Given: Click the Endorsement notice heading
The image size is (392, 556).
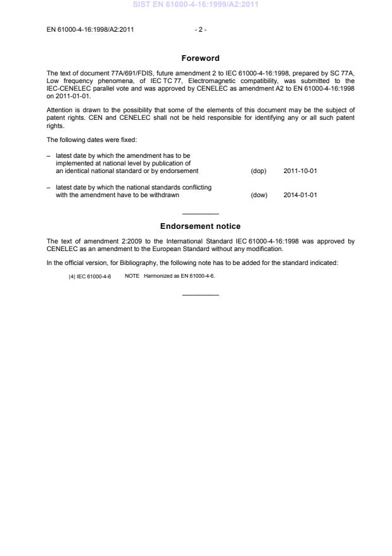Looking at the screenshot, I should tap(200, 226).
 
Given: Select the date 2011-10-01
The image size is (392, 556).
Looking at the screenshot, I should tap(300, 171).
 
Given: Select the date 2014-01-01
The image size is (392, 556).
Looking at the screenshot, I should tap(300, 195).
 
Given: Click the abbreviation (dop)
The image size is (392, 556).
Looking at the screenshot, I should tap(259, 171).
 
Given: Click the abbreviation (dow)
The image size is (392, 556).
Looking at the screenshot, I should tap(259, 195).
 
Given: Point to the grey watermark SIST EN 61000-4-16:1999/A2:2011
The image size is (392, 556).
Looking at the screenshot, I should tap(196, 5).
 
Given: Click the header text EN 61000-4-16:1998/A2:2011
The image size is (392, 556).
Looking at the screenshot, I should tap(90, 29).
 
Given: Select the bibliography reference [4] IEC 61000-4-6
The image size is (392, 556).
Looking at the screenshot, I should tap(89, 276).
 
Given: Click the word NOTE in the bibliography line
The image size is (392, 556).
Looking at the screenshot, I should tap(132, 276).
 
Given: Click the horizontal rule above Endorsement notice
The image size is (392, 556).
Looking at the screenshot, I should tap(200, 214).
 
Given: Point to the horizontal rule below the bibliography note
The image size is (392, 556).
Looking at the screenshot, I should tap(200, 295).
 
